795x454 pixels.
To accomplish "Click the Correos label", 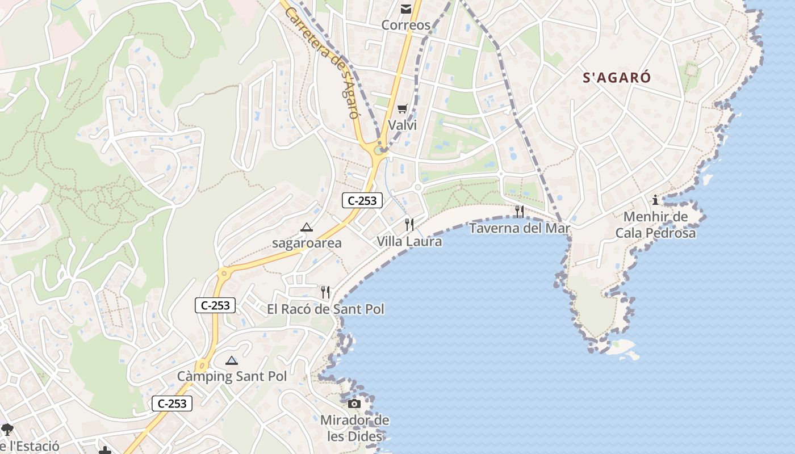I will tap(406, 26).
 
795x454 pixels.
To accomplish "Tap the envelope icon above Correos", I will tap(406, 9).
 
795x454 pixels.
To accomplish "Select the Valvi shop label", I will tap(402, 125).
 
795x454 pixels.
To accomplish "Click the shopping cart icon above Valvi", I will tap(403, 108).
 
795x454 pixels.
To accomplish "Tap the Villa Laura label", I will tap(409, 241).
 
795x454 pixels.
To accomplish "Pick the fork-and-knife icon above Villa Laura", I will tap(409, 224).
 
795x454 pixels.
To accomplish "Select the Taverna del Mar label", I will tap(520, 228).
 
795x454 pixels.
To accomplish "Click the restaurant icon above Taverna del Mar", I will tap(520, 212).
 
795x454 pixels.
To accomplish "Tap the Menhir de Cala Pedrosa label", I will tap(655, 225).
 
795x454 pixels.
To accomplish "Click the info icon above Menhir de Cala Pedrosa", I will tap(655, 200).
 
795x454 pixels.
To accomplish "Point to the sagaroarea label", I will tap(307, 243).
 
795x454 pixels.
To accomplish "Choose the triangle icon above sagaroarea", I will tap(307, 228).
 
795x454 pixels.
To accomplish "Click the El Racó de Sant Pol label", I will tap(325, 309).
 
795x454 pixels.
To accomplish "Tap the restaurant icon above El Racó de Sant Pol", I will tap(325, 292).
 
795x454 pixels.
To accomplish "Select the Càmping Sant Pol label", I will tap(232, 376).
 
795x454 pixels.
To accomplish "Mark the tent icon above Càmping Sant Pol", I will tap(232, 360).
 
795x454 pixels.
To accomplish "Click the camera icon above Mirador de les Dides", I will tap(354, 403).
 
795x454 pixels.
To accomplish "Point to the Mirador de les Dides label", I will tap(355, 428).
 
